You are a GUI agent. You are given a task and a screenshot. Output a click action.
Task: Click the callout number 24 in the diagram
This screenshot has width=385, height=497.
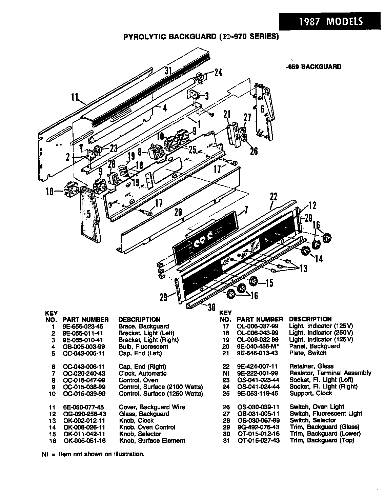tap(218, 73)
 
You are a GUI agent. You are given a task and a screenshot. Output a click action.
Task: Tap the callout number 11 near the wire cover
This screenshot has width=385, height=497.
tap(75, 97)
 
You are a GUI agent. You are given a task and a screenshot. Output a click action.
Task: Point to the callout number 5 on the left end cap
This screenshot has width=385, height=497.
tap(88, 214)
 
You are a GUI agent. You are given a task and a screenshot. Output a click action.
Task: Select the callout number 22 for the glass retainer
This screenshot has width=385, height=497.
tap(273, 197)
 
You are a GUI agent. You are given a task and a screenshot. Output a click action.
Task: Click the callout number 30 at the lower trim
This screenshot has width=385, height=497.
tap(211, 307)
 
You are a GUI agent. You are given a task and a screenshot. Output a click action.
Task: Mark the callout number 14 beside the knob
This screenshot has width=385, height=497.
tap(318, 258)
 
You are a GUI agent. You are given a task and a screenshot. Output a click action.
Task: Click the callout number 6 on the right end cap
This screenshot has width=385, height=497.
tap(262, 109)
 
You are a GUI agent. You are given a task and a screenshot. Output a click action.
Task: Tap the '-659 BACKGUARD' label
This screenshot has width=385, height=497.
tap(313, 67)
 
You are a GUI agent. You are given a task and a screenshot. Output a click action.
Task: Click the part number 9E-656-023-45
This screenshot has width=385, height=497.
tap(83, 326)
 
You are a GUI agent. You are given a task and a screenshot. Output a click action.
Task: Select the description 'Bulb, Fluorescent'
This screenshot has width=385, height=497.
tap(143, 346)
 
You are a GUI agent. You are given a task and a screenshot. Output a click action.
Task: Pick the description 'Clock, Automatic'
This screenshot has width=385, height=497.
tap(143, 373)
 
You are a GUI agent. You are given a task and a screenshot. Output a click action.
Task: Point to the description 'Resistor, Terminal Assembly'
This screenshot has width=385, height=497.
tap(330, 373)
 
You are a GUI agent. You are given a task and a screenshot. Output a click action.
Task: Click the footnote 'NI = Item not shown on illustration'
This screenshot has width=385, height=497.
tap(93, 454)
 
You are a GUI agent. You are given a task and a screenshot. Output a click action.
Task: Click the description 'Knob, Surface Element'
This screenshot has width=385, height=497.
tap(152, 440)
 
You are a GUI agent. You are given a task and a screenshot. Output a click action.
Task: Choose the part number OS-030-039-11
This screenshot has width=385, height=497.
tap(258, 407)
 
